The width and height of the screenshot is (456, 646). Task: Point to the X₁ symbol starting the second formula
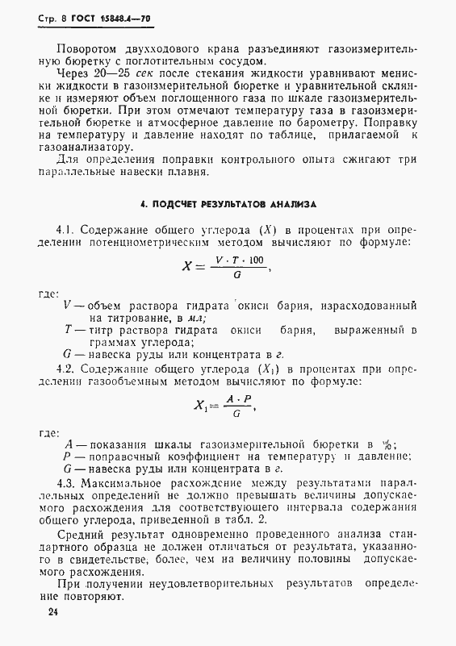[200, 406]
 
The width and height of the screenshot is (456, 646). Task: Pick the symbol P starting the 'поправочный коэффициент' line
[68, 456]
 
